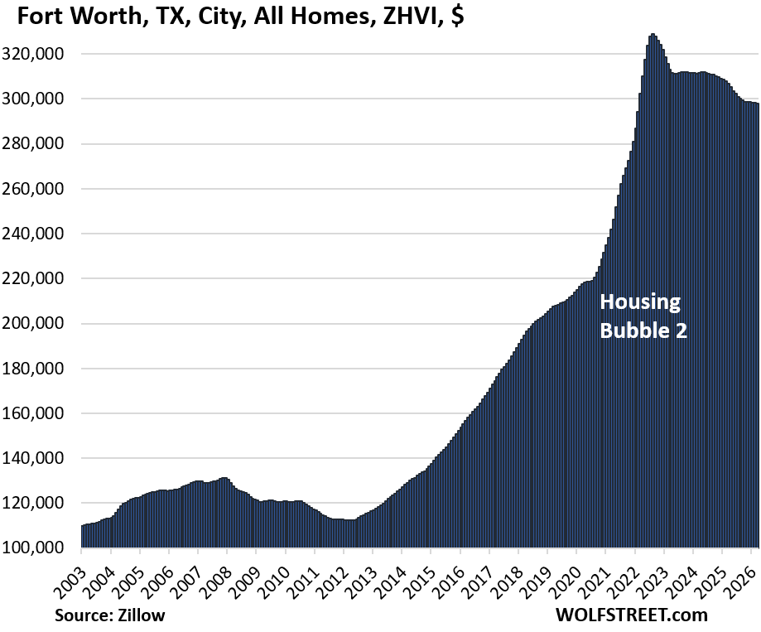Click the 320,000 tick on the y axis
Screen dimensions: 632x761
[42, 55]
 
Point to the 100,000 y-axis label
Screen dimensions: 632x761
[42, 548]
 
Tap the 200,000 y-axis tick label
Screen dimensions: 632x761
[42, 324]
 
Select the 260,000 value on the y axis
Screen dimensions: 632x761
[42, 189]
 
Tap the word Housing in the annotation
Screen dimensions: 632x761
[639, 302]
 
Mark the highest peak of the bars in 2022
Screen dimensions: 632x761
[653, 35]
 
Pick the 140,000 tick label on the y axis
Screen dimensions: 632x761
[42, 458]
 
